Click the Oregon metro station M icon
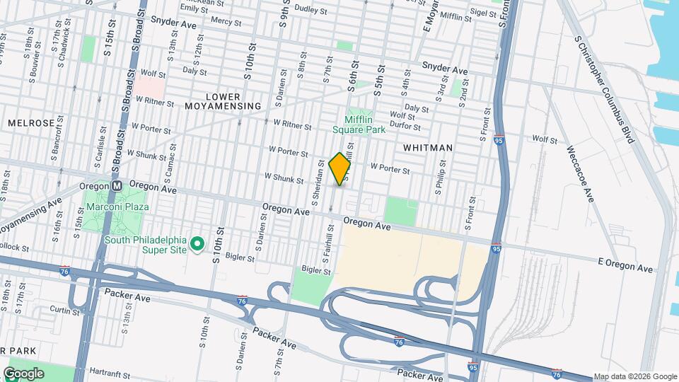point(117,185)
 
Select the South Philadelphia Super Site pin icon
point(199,244)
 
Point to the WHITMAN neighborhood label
point(427,147)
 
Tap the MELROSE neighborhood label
point(30,123)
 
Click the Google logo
point(23,374)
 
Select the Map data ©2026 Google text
point(634,376)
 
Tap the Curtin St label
point(64,310)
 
